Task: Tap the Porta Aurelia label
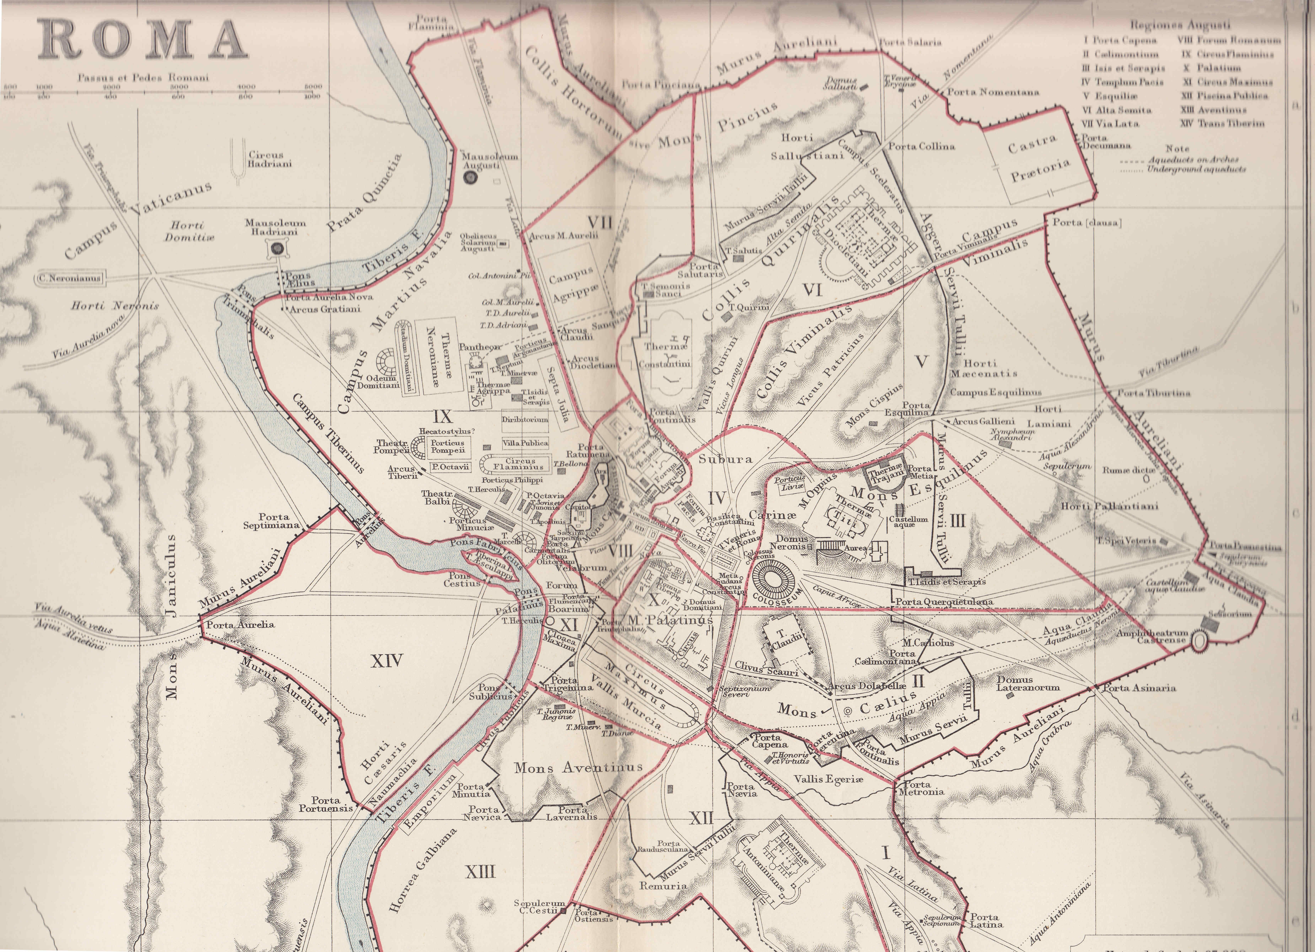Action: point(240,625)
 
